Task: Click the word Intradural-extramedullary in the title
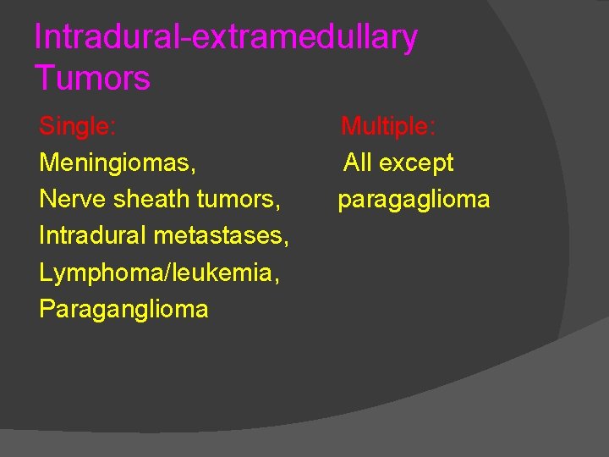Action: (x=226, y=38)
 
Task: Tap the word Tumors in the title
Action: (x=92, y=79)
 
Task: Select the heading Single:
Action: (x=78, y=127)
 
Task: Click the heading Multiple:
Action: (x=388, y=127)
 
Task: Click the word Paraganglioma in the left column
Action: (x=123, y=309)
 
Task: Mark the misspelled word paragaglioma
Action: (x=414, y=200)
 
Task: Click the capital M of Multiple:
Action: (x=350, y=127)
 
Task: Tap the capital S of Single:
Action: (x=47, y=127)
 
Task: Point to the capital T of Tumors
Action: (x=44, y=79)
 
